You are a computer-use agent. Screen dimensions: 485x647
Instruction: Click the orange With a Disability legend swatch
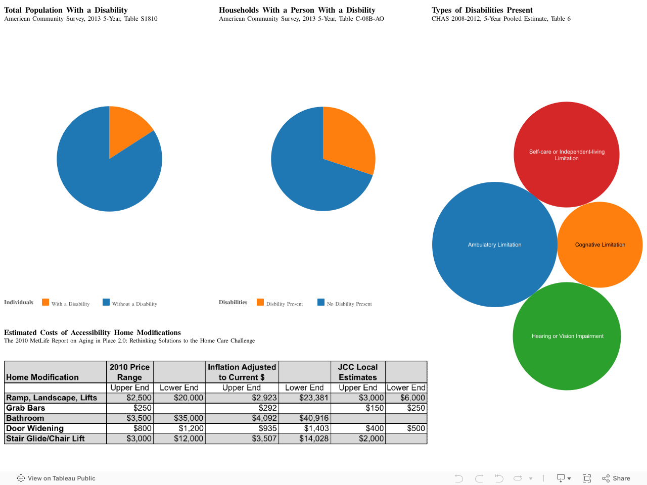tap(45, 302)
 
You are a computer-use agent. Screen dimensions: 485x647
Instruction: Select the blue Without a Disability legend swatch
tap(106, 302)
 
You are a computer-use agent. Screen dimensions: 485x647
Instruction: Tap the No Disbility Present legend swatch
tap(321, 302)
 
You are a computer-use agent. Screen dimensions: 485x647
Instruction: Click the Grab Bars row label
tap(26, 408)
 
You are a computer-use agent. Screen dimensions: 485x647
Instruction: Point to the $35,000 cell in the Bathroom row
tap(189, 418)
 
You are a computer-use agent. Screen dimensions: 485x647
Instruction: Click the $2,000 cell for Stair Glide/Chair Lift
tap(371, 439)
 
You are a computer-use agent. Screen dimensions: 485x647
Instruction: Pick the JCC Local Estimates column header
tap(357, 372)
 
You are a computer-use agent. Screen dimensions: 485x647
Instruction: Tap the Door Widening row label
tap(35, 428)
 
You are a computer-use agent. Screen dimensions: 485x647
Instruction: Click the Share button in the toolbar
tap(616, 478)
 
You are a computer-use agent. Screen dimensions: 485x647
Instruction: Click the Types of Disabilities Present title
tap(482, 10)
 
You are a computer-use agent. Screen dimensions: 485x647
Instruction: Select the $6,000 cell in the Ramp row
tap(412, 398)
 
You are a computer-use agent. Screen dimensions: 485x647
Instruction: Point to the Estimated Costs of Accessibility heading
tap(93, 332)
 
